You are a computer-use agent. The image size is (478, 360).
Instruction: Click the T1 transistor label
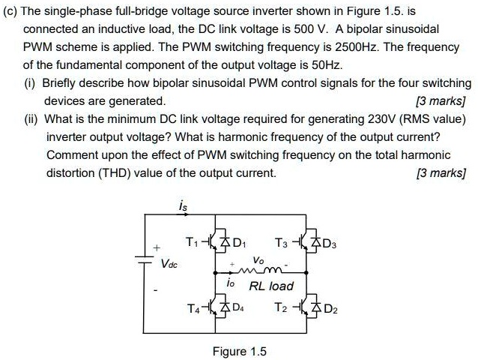click(193, 242)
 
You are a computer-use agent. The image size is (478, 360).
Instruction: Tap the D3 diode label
click(331, 242)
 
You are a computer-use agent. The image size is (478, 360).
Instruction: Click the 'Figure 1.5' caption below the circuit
click(240, 351)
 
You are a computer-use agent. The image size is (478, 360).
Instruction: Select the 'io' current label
click(230, 285)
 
